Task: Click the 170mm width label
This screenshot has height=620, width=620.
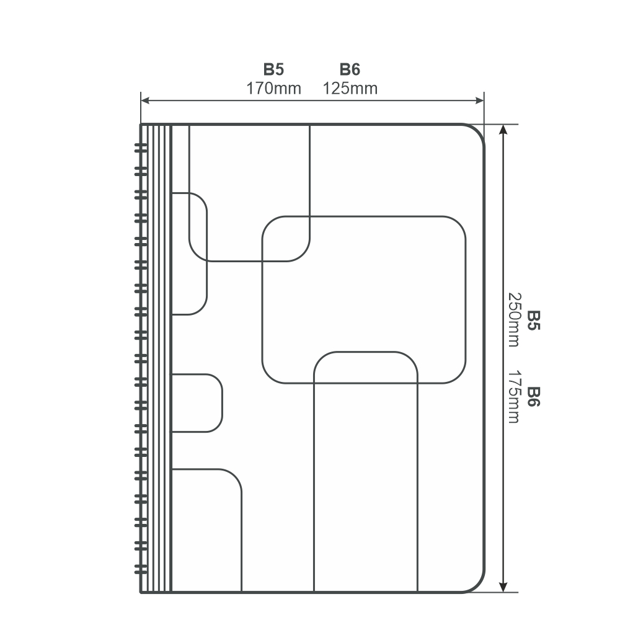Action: [x=273, y=89]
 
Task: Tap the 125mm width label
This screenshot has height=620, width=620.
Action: [x=350, y=89]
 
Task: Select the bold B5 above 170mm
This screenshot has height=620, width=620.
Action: [x=273, y=69]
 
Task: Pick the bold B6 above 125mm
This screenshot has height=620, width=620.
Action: [x=350, y=69]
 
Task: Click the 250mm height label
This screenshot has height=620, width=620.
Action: [x=515, y=319]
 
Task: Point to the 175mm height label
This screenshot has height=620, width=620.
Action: [x=515, y=397]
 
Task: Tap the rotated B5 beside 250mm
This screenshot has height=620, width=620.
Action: [x=534, y=321]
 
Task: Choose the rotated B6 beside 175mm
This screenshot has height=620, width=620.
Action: [x=534, y=397]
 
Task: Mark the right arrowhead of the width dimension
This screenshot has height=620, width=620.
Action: [x=480, y=100]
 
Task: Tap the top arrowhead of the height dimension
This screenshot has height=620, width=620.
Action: [x=503, y=130]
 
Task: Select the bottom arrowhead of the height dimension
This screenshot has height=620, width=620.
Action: [x=503, y=587]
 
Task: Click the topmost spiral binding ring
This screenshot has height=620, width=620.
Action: [x=141, y=148]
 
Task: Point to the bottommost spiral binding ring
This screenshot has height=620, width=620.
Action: [x=141, y=569]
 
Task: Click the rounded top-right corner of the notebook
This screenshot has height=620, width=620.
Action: [x=477, y=131]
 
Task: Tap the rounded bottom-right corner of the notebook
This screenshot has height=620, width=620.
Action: [x=477, y=586]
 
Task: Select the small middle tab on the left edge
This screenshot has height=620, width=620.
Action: [x=222, y=403]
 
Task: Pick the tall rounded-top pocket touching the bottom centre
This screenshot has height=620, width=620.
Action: [x=366, y=352]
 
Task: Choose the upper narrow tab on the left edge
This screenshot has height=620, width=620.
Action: [x=207, y=254]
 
